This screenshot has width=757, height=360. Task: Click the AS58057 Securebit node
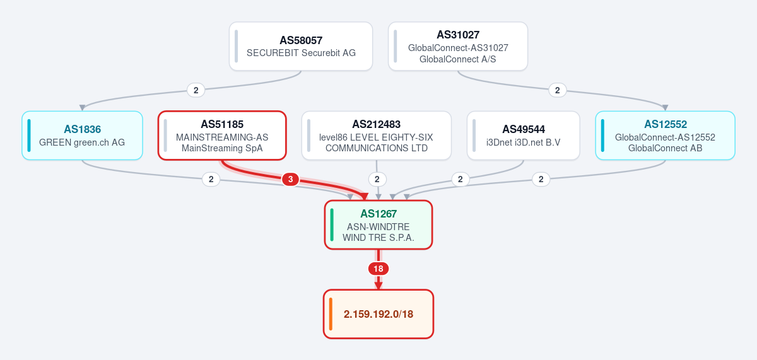301,46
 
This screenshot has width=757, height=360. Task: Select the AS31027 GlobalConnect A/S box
458,46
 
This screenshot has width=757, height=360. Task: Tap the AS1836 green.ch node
82,136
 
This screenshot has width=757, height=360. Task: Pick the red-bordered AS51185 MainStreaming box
222,136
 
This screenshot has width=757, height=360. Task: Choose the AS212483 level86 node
377,136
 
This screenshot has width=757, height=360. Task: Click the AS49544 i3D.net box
524,136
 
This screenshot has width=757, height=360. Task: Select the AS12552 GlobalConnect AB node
665,136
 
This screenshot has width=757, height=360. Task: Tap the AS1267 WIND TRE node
378,225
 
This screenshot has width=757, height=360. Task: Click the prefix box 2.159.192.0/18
378,314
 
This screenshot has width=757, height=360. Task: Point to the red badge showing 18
378,269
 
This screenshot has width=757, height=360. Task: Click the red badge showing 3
290,179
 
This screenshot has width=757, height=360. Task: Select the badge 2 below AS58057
196,90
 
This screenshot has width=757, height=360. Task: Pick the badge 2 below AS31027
558,90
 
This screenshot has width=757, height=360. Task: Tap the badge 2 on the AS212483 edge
377,179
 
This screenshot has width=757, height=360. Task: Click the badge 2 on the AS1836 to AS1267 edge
211,179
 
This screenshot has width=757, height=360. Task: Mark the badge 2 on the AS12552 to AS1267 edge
541,179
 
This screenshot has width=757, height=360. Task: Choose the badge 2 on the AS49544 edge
461,179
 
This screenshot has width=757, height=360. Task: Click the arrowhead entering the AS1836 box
82,108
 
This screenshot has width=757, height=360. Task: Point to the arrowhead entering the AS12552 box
665,108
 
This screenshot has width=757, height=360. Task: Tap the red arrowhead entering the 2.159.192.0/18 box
378,286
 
